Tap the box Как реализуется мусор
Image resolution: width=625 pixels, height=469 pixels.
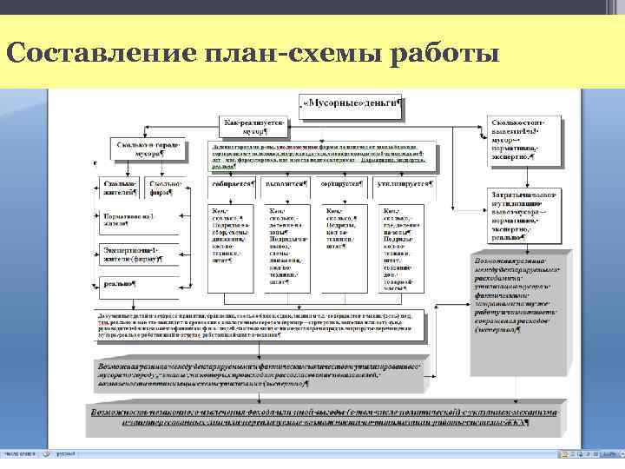coord(254,129)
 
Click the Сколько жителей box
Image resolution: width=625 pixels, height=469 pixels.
coord(120,188)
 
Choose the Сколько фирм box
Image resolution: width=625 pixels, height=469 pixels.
coord(165,188)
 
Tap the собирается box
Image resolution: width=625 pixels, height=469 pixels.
coord(232,184)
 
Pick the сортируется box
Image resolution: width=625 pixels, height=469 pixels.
coord(343,184)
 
